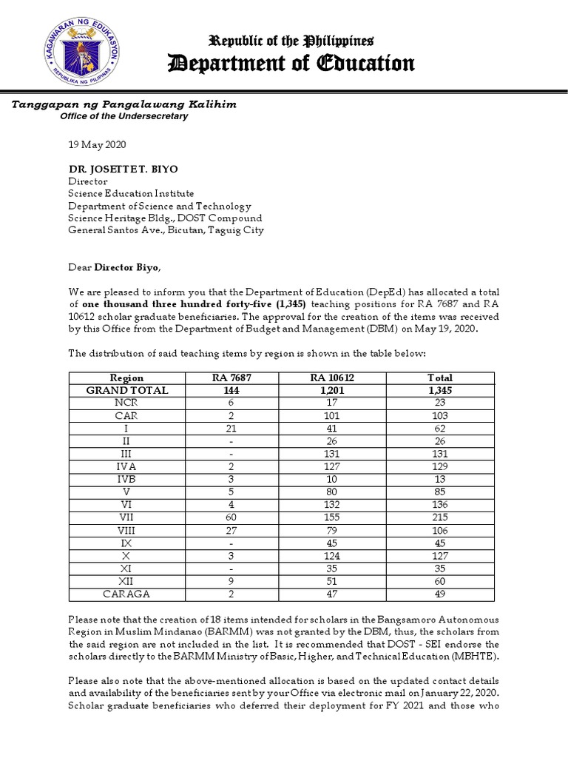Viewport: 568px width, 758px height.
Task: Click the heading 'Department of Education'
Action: pyautogui.click(x=291, y=64)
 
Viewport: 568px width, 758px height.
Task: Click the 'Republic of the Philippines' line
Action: pyautogui.click(x=291, y=40)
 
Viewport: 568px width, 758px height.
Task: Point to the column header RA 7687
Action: pyautogui.click(x=231, y=378)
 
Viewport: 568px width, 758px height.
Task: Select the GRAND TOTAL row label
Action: pyautogui.click(x=127, y=390)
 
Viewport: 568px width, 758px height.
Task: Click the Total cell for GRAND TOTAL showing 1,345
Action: pyautogui.click(x=440, y=390)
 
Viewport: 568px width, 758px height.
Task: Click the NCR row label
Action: pyautogui.click(x=127, y=403)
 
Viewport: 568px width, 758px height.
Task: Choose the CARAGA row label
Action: pyautogui.click(x=127, y=594)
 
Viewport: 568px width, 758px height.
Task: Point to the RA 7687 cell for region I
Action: pyautogui.click(x=231, y=428)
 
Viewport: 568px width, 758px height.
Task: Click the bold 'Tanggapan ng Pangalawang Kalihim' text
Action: pyautogui.click(x=124, y=104)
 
